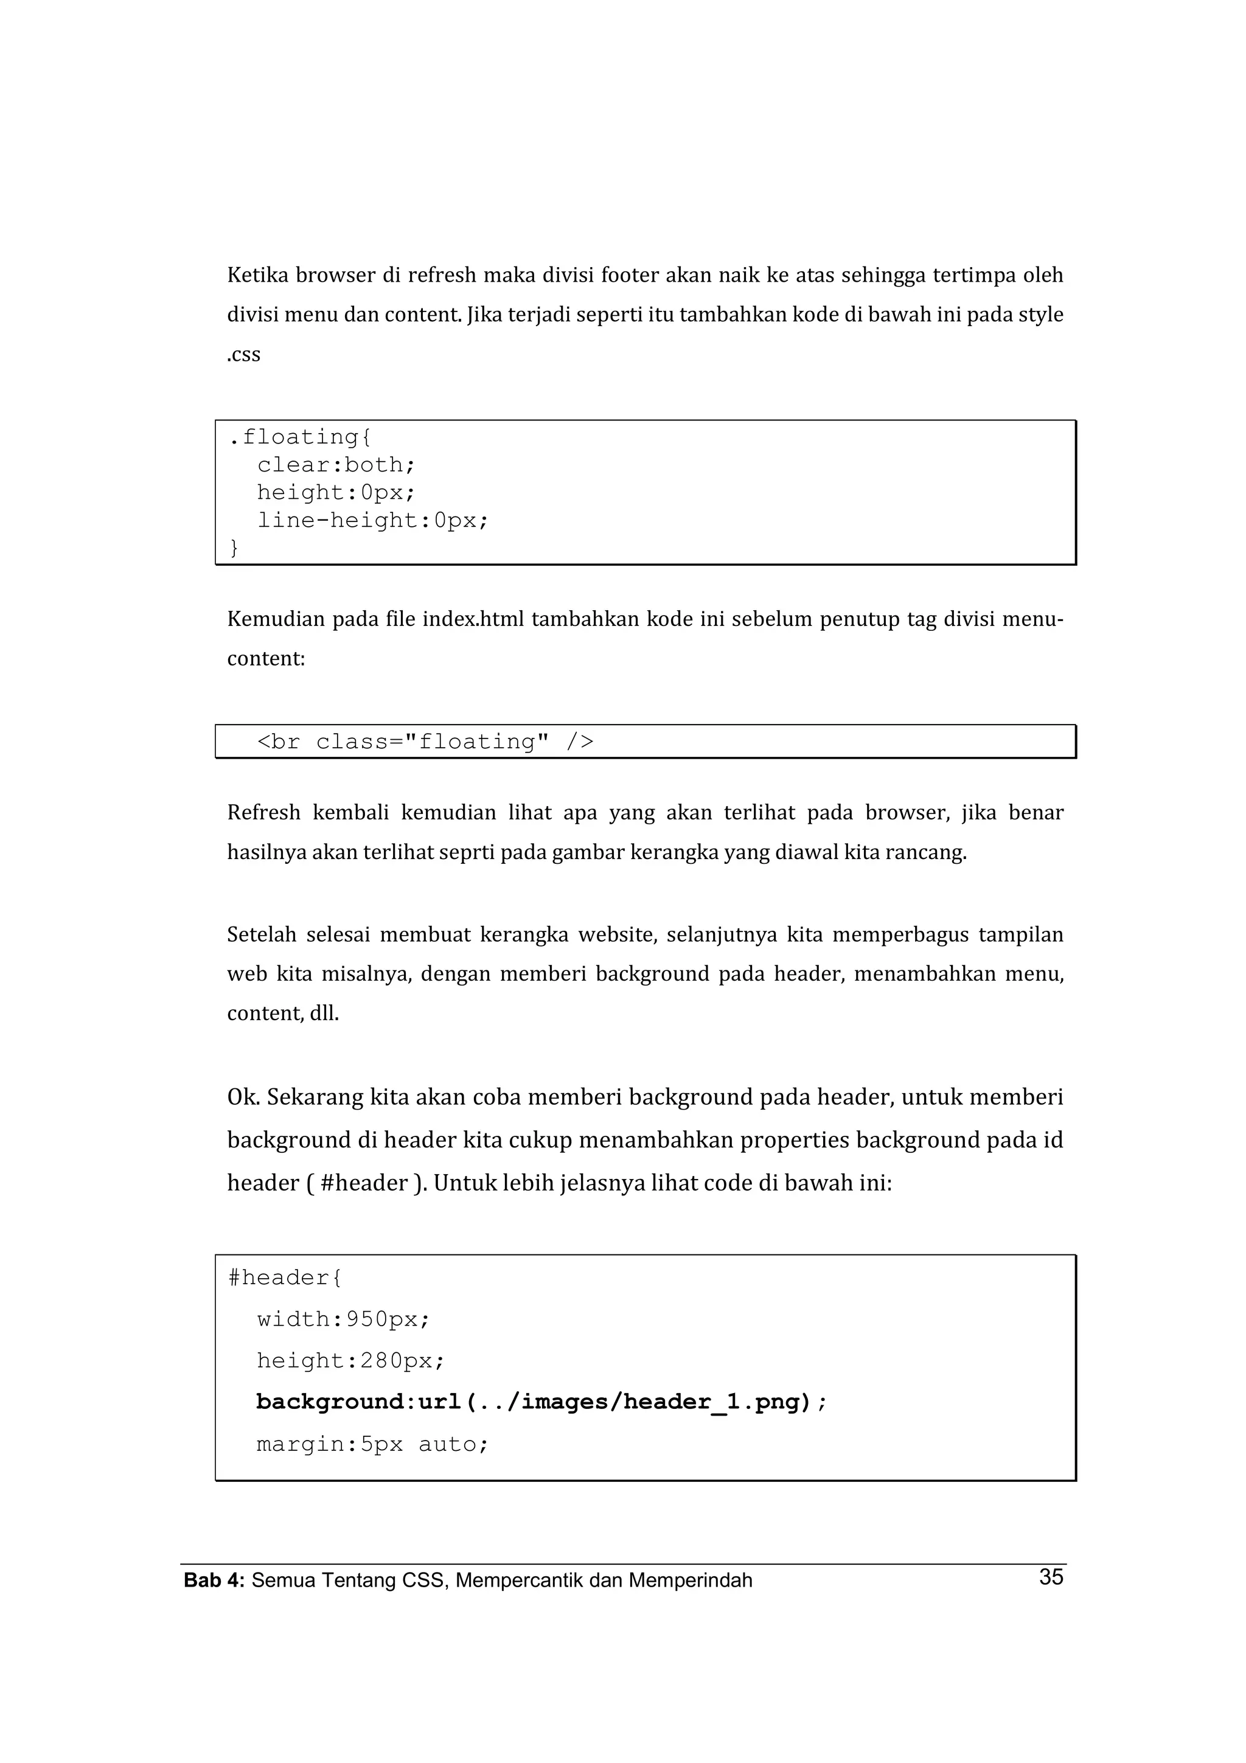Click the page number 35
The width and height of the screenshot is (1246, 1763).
pyautogui.click(x=1050, y=1576)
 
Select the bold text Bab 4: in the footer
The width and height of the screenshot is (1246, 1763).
pyautogui.click(x=214, y=1580)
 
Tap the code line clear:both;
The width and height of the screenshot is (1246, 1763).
pyautogui.click(x=335, y=465)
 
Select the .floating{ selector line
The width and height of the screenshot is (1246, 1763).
pyautogui.click(x=299, y=437)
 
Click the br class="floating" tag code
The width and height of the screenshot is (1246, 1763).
pyautogui.click(x=425, y=742)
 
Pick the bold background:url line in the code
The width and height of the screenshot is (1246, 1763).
pyautogui.click(x=541, y=1402)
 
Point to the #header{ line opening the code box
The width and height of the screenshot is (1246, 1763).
pyautogui.click(x=285, y=1278)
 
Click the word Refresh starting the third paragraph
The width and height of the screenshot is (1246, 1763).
pyautogui.click(x=263, y=812)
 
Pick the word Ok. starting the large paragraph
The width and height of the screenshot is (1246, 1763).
pyautogui.click(x=243, y=1097)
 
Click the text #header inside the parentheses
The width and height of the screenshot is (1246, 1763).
pyautogui.click(x=364, y=1183)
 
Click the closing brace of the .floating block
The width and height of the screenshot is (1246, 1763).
pyautogui.click(x=234, y=548)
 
